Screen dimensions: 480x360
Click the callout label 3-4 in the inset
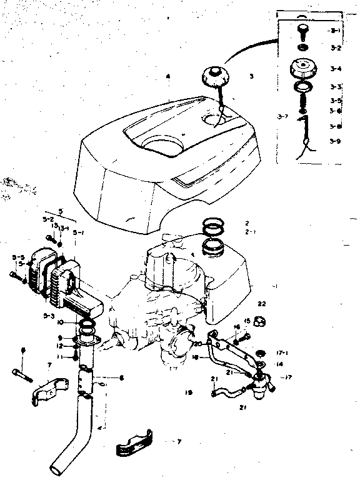click(336, 69)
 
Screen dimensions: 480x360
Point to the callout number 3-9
click(336, 141)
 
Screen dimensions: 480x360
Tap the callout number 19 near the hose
click(188, 392)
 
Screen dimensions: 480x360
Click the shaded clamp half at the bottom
click(135, 441)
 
